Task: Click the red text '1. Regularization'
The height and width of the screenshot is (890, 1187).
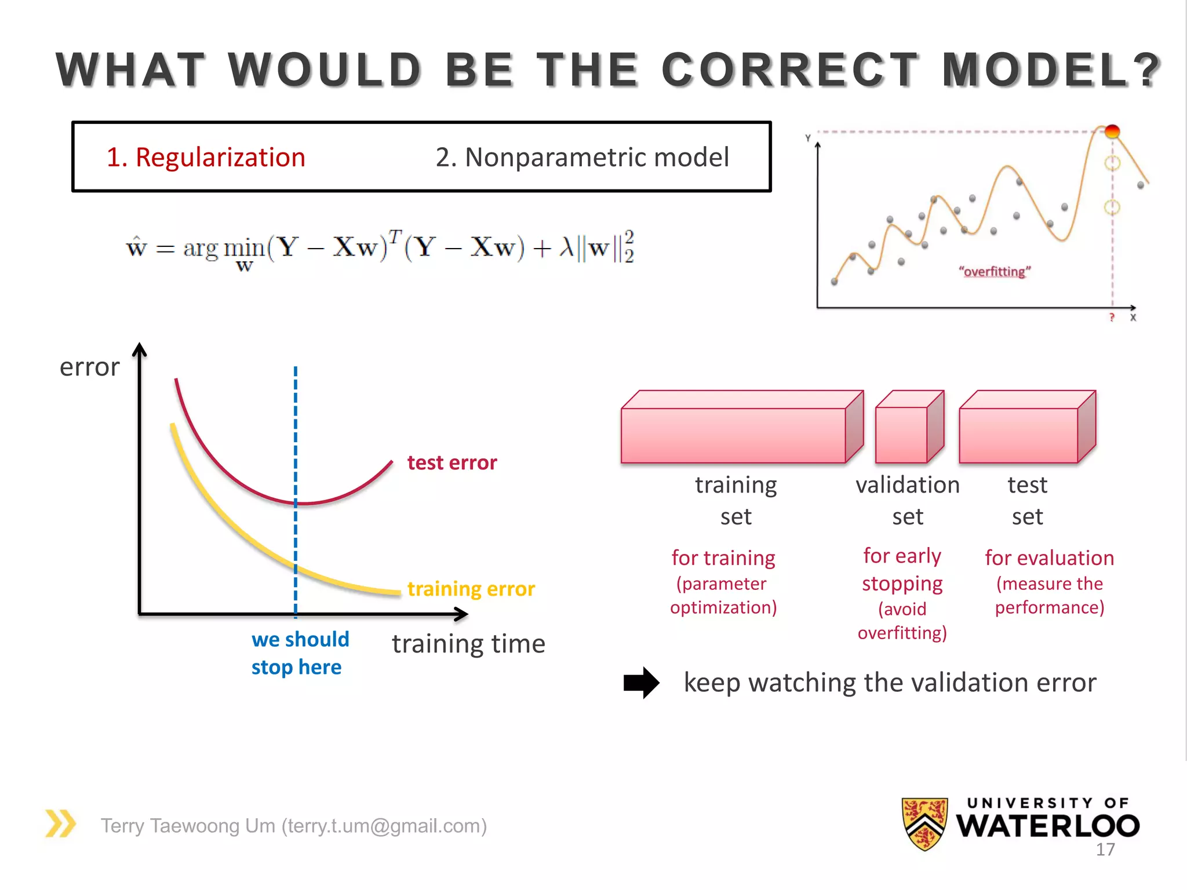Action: coord(206,158)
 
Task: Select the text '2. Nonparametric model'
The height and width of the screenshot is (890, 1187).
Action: coord(582,158)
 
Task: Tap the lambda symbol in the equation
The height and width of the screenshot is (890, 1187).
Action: coord(566,248)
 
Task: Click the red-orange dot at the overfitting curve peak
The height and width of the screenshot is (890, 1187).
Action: coord(1112,132)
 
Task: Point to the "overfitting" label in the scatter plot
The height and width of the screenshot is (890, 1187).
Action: coord(995,272)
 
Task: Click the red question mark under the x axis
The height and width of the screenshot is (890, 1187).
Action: coord(1112,318)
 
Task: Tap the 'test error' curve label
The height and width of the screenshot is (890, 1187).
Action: coord(452,463)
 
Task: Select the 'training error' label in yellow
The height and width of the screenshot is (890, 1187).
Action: coord(471,589)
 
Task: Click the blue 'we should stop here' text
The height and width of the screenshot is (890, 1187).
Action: coord(300,653)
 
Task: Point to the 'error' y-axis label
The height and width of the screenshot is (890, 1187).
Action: coord(89,367)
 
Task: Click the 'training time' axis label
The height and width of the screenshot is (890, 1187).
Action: coord(468,644)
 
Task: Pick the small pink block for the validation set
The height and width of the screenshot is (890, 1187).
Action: coord(908,429)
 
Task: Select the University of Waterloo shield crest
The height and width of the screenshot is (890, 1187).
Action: coord(924,823)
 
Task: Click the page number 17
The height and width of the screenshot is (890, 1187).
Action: coord(1105,849)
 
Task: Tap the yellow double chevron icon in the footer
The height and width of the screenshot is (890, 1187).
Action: coord(60,823)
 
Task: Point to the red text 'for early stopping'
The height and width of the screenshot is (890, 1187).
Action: coord(902,570)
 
